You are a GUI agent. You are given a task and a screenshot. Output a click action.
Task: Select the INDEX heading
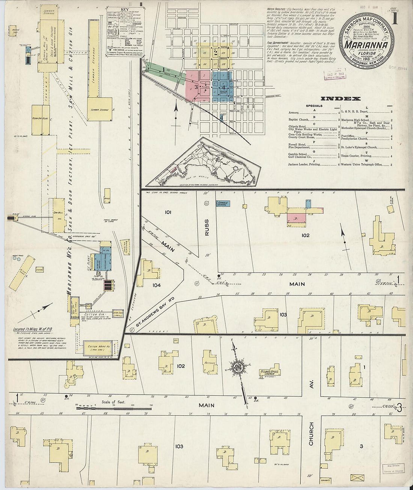pos(341,99)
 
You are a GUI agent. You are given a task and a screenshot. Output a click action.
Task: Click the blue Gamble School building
pos(223,204)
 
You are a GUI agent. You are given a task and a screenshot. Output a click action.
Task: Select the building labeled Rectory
pos(210,362)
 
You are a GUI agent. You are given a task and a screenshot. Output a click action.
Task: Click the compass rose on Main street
pos(238,367)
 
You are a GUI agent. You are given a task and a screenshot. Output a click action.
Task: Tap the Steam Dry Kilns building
pos(41,120)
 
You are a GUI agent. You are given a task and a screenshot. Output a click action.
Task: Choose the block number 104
pos(157,285)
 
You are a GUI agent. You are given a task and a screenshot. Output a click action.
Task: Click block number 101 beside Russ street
pos(168,212)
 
